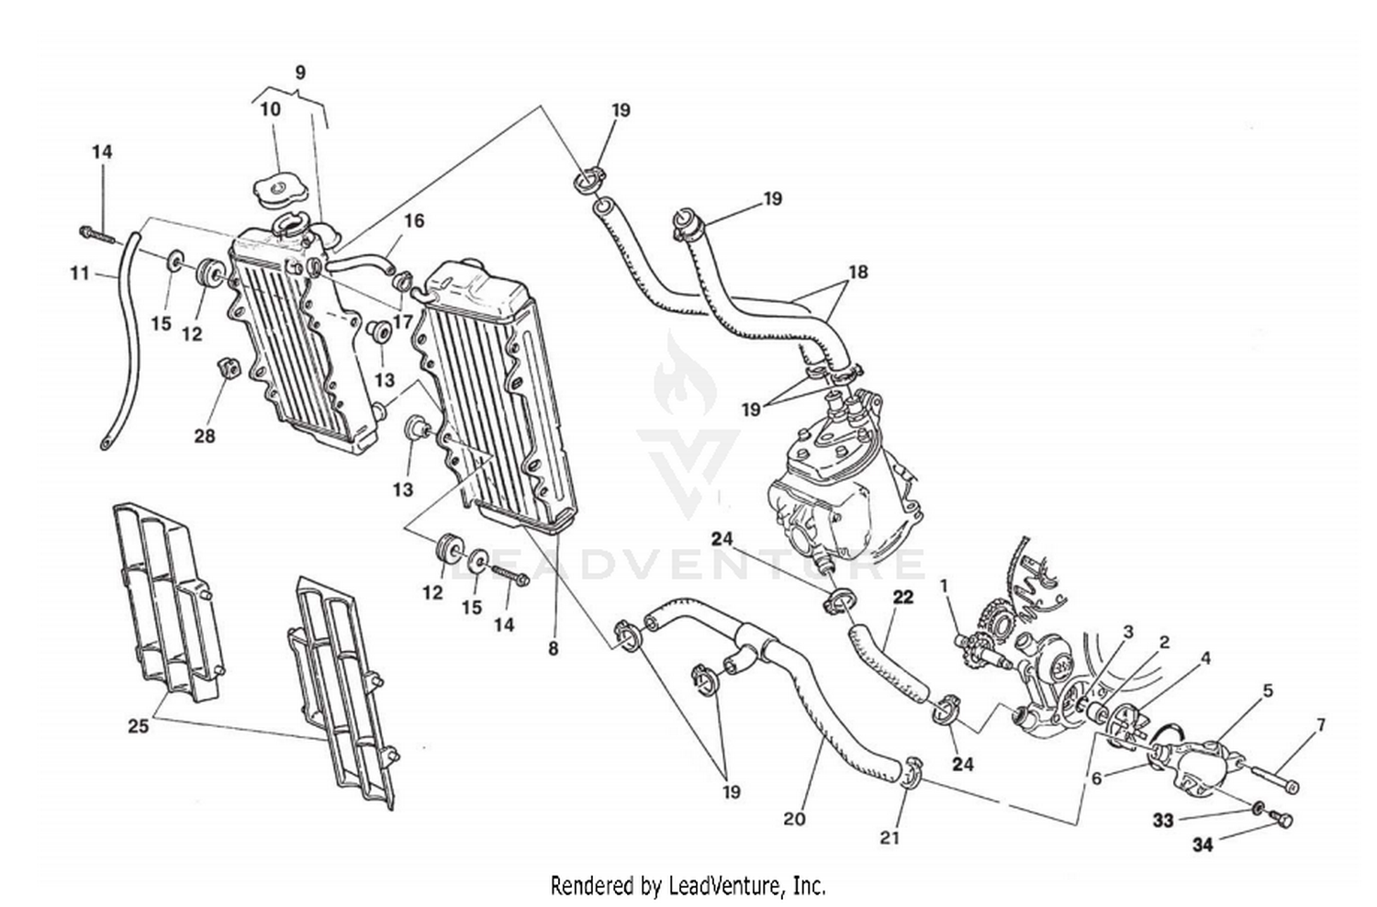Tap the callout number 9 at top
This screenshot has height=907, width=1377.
(300, 73)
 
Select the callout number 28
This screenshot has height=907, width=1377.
(204, 435)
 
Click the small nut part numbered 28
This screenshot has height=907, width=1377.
(228, 368)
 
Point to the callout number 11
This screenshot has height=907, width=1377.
(80, 272)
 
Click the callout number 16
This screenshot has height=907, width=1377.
(413, 220)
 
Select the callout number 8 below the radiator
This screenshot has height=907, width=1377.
(553, 648)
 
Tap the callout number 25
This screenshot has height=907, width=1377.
(138, 727)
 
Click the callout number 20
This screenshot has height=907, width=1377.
(794, 817)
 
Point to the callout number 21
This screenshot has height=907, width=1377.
(890, 836)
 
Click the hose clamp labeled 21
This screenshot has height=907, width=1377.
(910, 774)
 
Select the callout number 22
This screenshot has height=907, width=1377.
(902, 598)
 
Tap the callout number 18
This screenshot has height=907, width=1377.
(857, 272)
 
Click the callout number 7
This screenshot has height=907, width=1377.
(1320, 726)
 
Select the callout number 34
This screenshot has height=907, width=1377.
(1202, 844)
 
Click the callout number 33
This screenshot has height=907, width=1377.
(1163, 820)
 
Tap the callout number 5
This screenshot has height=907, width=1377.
(1267, 691)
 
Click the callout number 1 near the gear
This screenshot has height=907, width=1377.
(943, 584)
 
